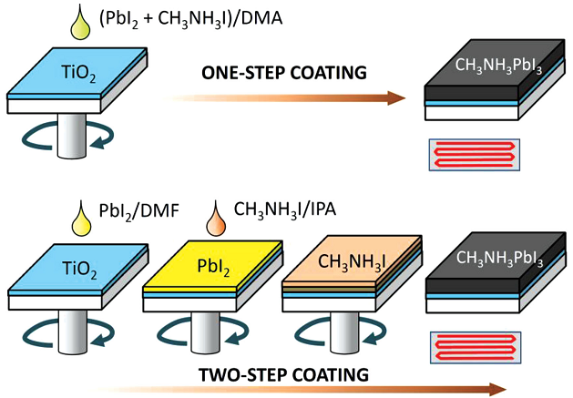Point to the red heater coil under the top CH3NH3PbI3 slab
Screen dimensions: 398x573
coord(473,151)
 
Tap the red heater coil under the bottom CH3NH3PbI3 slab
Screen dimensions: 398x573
coord(473,347)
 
